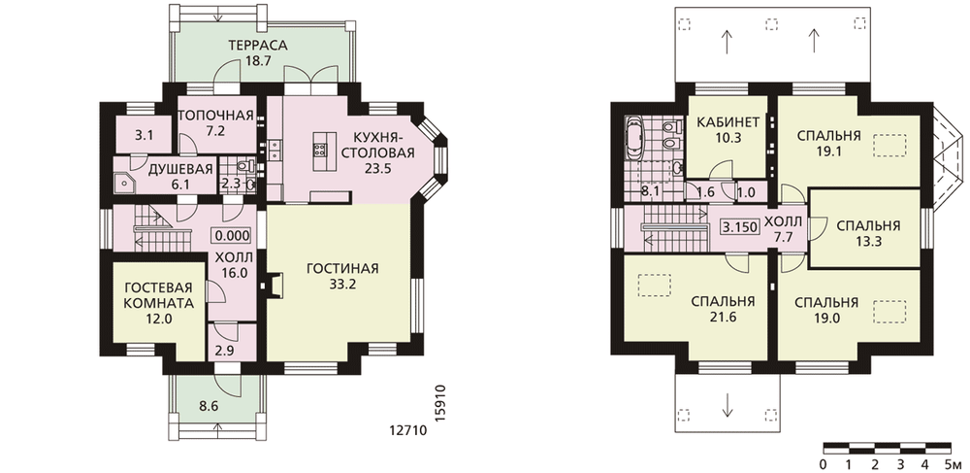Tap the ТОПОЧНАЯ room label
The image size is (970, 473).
pos(216,116)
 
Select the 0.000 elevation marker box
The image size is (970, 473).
pos(233,235)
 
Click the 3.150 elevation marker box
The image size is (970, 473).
pos(739,226)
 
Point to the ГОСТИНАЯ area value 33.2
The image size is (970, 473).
pos(342,285)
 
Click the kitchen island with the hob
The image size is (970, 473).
pos(321,152)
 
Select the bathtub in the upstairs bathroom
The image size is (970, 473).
pos(634,139)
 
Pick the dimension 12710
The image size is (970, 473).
pos(409,430)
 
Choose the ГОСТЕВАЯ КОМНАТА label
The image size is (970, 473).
pos(158,296)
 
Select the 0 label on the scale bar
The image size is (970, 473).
pos(824,464)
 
